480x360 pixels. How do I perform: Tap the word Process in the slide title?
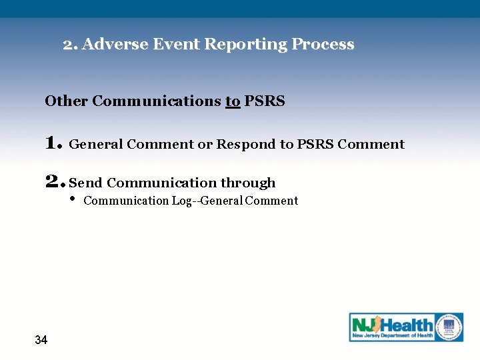[323, 45]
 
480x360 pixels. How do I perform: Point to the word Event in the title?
[177, 45]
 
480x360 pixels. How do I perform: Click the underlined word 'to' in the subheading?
[233, 101]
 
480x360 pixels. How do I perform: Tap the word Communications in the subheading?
[157, 101]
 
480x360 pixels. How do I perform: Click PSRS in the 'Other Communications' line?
[265, 101]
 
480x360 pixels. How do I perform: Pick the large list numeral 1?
[53, 143]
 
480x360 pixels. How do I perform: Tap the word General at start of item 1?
[96, 145]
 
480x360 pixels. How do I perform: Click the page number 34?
[41, 340]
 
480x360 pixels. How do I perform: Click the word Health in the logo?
[406, 325]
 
